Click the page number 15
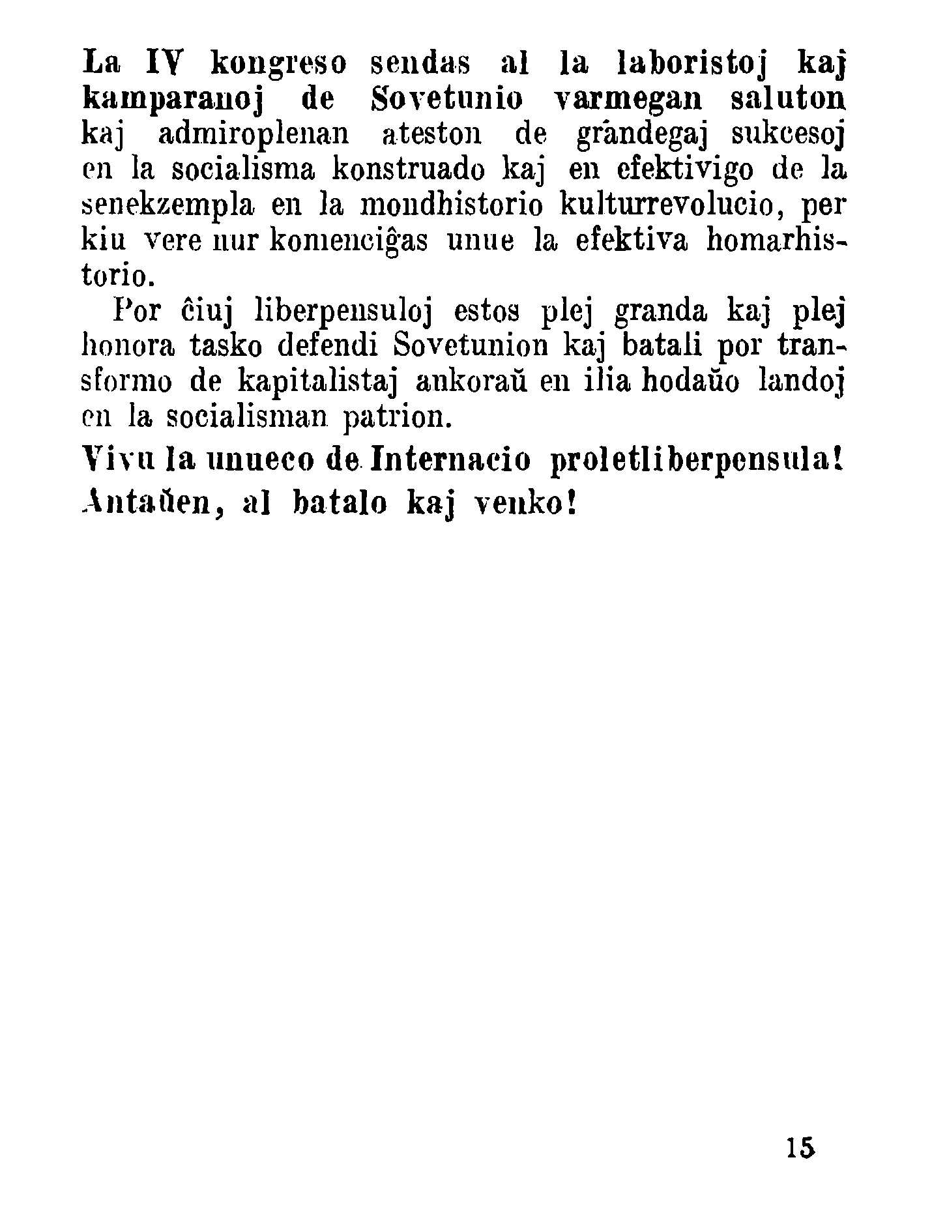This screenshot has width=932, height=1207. point(800,1147)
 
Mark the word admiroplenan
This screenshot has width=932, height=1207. point(254,136)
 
